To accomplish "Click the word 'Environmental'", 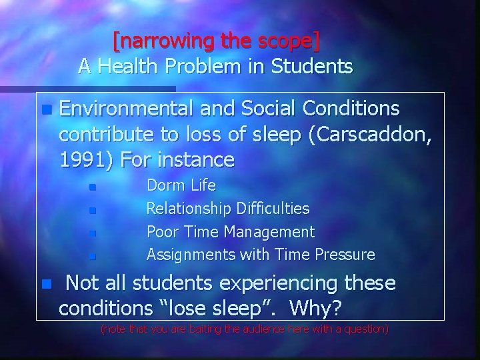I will coord(124,108).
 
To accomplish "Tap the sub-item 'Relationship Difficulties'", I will coord(227,209).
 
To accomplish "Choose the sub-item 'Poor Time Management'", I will coord(230,231).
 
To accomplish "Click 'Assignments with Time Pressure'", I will coord(260,255).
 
